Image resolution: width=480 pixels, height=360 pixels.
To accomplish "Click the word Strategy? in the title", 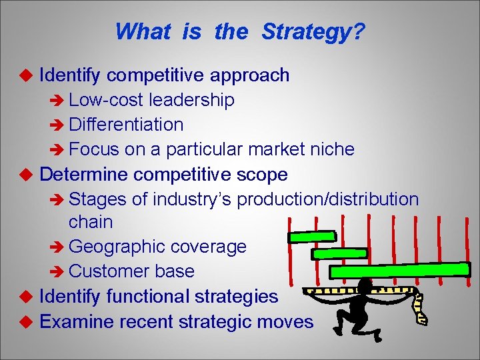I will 313,31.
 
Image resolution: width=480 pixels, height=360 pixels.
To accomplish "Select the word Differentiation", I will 126,125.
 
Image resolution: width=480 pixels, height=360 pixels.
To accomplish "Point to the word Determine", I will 85,175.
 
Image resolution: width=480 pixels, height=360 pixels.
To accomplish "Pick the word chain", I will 91,221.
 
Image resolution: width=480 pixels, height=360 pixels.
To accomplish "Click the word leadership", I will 192,100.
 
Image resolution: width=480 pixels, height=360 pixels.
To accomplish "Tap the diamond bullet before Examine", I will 27,321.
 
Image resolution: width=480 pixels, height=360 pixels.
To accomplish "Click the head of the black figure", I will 365,287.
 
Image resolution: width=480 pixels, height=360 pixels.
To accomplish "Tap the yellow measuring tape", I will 421,308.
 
